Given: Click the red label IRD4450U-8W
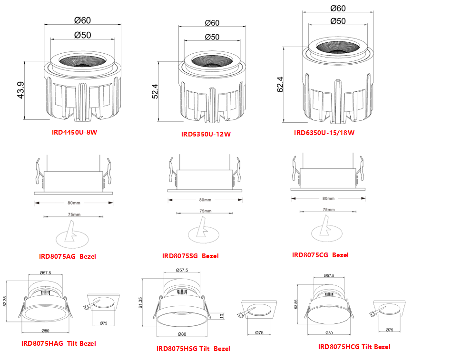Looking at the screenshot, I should pos(75,132).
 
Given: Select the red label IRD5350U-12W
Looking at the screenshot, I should pos(206,134).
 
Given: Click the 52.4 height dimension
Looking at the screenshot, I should pos(156,91).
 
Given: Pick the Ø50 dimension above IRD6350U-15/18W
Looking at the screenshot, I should pos(338,21).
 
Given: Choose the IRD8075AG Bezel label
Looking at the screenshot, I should pos(68,256).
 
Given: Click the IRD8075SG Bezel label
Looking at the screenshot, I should pos(190,256).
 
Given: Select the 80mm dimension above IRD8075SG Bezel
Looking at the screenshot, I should pos(205,200).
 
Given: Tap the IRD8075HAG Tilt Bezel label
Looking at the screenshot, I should pos(59,343).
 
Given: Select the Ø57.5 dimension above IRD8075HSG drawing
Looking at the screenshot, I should pos(182,270).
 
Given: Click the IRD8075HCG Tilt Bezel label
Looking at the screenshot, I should pos(354,347).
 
